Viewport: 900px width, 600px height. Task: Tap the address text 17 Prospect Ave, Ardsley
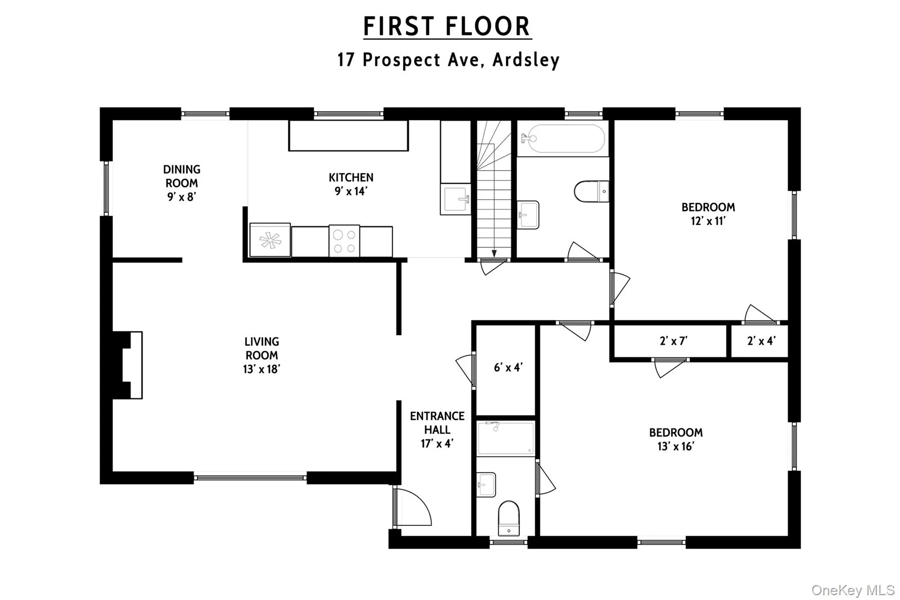(448, 60)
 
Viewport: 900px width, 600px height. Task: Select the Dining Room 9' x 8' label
(181, 183)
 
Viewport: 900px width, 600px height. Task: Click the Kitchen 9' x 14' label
(351, 184)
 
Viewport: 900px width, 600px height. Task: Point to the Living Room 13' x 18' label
(261, 355)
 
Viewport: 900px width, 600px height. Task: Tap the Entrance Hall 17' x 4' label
(437, 429)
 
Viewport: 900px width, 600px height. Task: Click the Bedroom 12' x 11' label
(708, 214)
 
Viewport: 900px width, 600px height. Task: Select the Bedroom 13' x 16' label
(675, 439)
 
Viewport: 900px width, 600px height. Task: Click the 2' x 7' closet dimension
(673, 341)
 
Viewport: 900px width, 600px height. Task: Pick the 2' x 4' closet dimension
(761, 341)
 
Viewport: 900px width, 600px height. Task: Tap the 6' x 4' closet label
(508, 367)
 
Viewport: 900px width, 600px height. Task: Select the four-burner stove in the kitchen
(344, 241)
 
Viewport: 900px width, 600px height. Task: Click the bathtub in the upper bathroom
(563, 138)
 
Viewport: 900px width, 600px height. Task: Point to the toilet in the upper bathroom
(592, 192)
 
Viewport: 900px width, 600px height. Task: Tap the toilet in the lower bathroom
(508, 519)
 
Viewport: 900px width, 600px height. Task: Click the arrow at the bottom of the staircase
(494, 254)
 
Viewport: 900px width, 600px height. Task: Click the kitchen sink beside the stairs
(455, 199)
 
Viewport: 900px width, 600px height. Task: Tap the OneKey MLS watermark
(853, 590)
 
